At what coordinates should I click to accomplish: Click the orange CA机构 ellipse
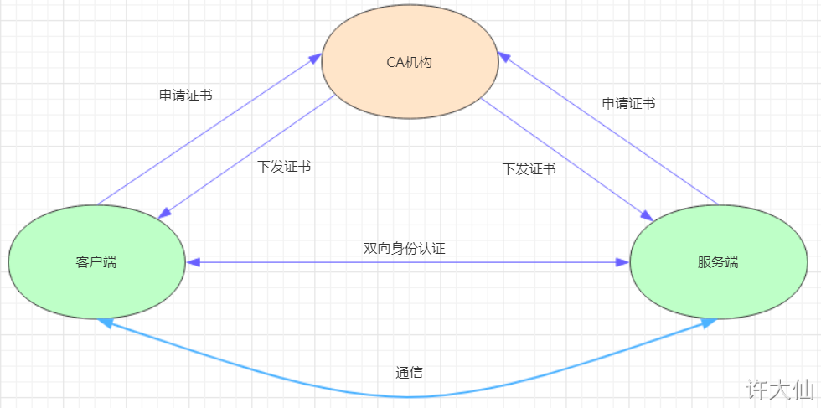coord(410,62)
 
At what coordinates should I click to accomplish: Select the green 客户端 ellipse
coord(97,262)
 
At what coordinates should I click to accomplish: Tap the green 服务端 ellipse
coord(719,262)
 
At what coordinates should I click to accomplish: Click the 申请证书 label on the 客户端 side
coord(186,95)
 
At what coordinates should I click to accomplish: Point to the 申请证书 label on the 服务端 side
coord(629,104)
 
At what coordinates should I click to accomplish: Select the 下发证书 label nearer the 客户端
coord(284,167)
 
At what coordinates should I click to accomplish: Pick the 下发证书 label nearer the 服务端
coord(529,169)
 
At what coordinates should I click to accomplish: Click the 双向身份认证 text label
coord(404,248)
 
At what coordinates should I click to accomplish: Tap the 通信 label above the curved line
coord(409,372)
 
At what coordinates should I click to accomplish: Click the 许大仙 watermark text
coord(780,390)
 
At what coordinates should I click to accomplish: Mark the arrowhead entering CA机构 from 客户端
coord(315,57)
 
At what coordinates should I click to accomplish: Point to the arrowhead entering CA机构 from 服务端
coord(503,57)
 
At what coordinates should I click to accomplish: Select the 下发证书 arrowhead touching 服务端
coord(647,214)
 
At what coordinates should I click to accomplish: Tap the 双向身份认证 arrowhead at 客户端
coord(192,262)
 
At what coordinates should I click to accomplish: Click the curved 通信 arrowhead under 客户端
coord(105,323)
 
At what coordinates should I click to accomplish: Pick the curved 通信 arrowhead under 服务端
coord(710,323)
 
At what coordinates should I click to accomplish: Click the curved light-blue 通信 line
coord(408,396)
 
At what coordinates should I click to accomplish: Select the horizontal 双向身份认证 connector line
coord(408,262)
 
